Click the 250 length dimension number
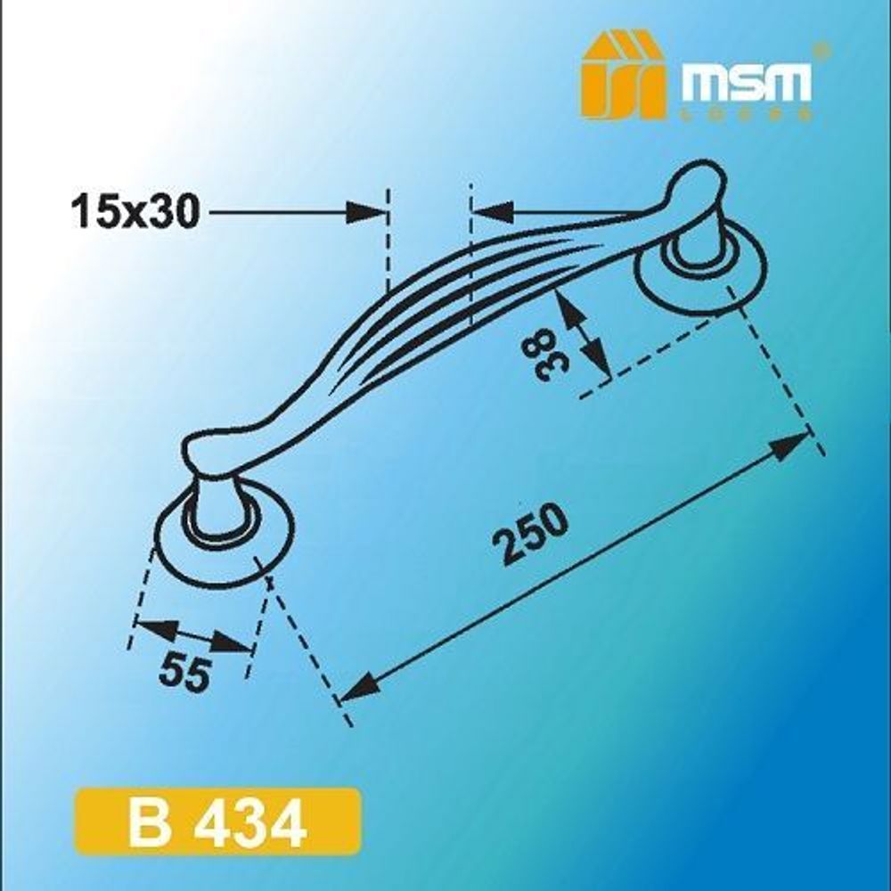534,535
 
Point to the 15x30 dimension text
135,214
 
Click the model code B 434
219,825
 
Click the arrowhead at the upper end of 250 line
789,445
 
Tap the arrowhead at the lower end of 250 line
356,687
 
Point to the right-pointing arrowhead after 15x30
370,213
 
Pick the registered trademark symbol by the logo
823,50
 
